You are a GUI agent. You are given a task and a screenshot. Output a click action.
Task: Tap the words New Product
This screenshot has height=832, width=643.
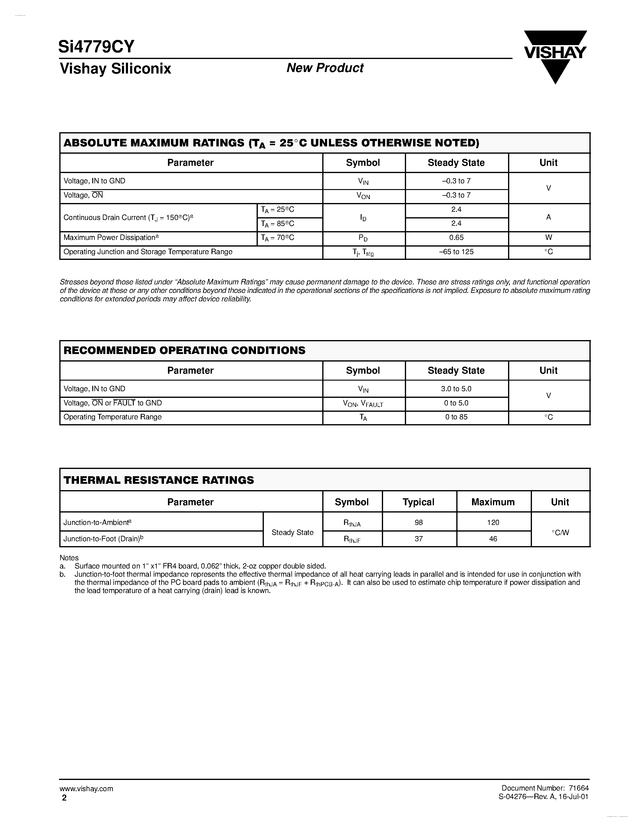(x=325, y=68)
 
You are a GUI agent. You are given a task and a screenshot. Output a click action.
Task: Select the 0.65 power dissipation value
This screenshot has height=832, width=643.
(x=456, y=238)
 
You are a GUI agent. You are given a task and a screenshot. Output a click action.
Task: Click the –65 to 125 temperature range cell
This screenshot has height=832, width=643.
(x=456, y=252)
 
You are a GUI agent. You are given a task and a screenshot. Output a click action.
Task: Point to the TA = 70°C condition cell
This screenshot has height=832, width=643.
(x=278, y=238)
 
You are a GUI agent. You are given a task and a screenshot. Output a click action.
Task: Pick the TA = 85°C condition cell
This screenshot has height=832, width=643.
(x=278, y=224)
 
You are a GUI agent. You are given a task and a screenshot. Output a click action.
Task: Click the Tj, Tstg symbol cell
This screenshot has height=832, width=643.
(x=363, y=252)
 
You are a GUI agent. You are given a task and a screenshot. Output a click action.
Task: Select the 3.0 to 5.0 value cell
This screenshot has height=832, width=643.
(x=456, y=388)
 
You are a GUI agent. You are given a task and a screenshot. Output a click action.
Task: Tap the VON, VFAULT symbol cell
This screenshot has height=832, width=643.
(x=363, y=403)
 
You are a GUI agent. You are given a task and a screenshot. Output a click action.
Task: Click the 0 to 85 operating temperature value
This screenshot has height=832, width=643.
(x=456, y=417)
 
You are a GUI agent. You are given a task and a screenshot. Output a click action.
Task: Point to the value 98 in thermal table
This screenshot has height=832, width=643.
(x=419, y=522)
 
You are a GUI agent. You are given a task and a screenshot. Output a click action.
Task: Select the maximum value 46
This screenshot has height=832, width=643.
(x=493, y=539)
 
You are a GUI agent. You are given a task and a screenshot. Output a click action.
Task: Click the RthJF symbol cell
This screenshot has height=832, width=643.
(x=352, y=539)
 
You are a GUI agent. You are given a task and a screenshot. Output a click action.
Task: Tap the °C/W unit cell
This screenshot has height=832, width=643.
(x=560, y=532)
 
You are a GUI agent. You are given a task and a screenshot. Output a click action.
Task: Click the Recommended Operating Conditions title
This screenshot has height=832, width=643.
(x=184, y=350)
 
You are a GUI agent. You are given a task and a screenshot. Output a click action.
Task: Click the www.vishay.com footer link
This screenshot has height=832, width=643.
(x=86, y=788)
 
